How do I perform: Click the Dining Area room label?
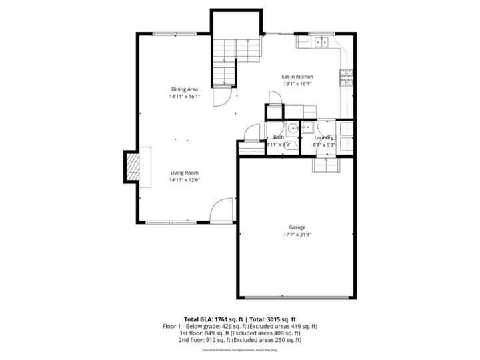tap(184, 89)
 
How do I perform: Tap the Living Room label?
tap(184, 173)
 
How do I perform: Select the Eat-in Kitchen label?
tap(297, 77)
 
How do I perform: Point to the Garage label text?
tap(297, 227)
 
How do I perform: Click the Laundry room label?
tap(324, 137)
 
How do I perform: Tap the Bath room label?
tap(278, 137)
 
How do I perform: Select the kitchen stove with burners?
tap(346, 77)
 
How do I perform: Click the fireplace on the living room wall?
tap(132, 167)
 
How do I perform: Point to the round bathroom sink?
tap(293, 127)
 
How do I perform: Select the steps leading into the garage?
tap(326, 164)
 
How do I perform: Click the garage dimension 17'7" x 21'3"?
tap(297, 234)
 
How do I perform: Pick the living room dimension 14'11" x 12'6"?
tap(184, 180)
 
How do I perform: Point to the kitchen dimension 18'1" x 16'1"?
tap(297, 84)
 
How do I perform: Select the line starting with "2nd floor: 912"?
tap(239, 340)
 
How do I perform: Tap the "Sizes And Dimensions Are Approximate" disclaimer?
tap(239, 349)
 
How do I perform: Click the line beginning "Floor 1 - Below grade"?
tap(239, 326)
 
